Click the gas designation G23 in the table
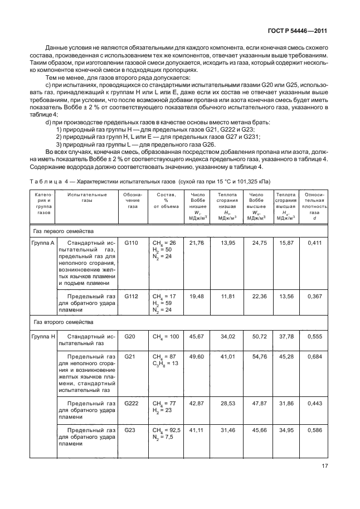pyautogui.click(x=129, y=430)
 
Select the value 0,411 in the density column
pyautogui.click(x=315, y=243)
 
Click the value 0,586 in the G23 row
pyautogui.click(x=315, y=430)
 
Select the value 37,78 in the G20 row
pyautogui.click(x=285, y=337)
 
